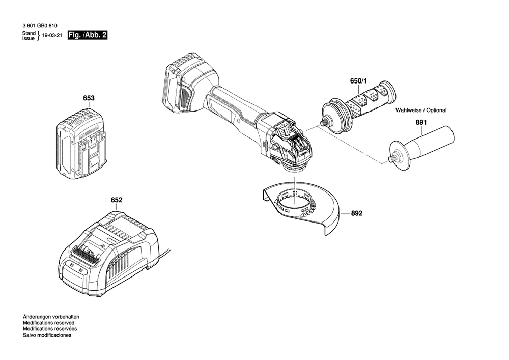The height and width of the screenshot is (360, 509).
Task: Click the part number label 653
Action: (x=89, y=98)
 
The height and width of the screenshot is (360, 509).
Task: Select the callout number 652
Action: (x=117, y=200)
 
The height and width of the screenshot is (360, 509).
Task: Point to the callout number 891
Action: (x=420, y=122)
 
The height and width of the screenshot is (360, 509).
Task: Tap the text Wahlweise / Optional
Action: (x=421, y=110)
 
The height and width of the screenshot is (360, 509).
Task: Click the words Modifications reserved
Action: (x=49, y=323)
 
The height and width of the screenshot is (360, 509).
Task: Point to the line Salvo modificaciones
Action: (x=47, y=335)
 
